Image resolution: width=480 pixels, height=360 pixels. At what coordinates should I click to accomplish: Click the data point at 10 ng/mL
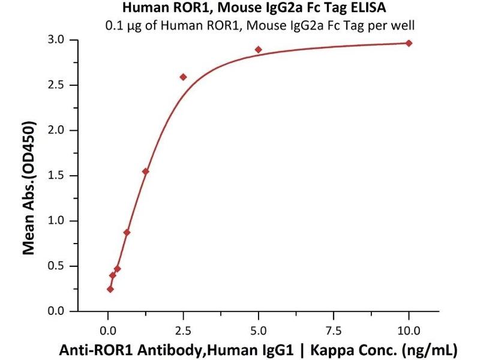409,43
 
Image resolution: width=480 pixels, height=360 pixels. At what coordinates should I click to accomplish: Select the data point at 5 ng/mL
258,49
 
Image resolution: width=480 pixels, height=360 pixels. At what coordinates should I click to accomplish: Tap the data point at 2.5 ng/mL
183,77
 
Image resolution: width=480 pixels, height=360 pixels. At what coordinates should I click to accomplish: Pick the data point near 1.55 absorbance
145,171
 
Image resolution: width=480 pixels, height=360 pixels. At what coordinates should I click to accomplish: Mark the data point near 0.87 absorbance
127,232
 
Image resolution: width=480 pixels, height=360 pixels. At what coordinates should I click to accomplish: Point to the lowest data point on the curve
110,289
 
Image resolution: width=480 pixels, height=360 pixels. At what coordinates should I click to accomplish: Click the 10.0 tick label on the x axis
409,328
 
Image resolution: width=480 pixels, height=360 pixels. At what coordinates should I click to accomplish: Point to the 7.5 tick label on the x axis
334,328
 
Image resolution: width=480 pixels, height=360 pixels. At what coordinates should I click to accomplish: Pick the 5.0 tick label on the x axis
258,328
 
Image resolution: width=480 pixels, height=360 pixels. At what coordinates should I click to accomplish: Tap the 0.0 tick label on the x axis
108,328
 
